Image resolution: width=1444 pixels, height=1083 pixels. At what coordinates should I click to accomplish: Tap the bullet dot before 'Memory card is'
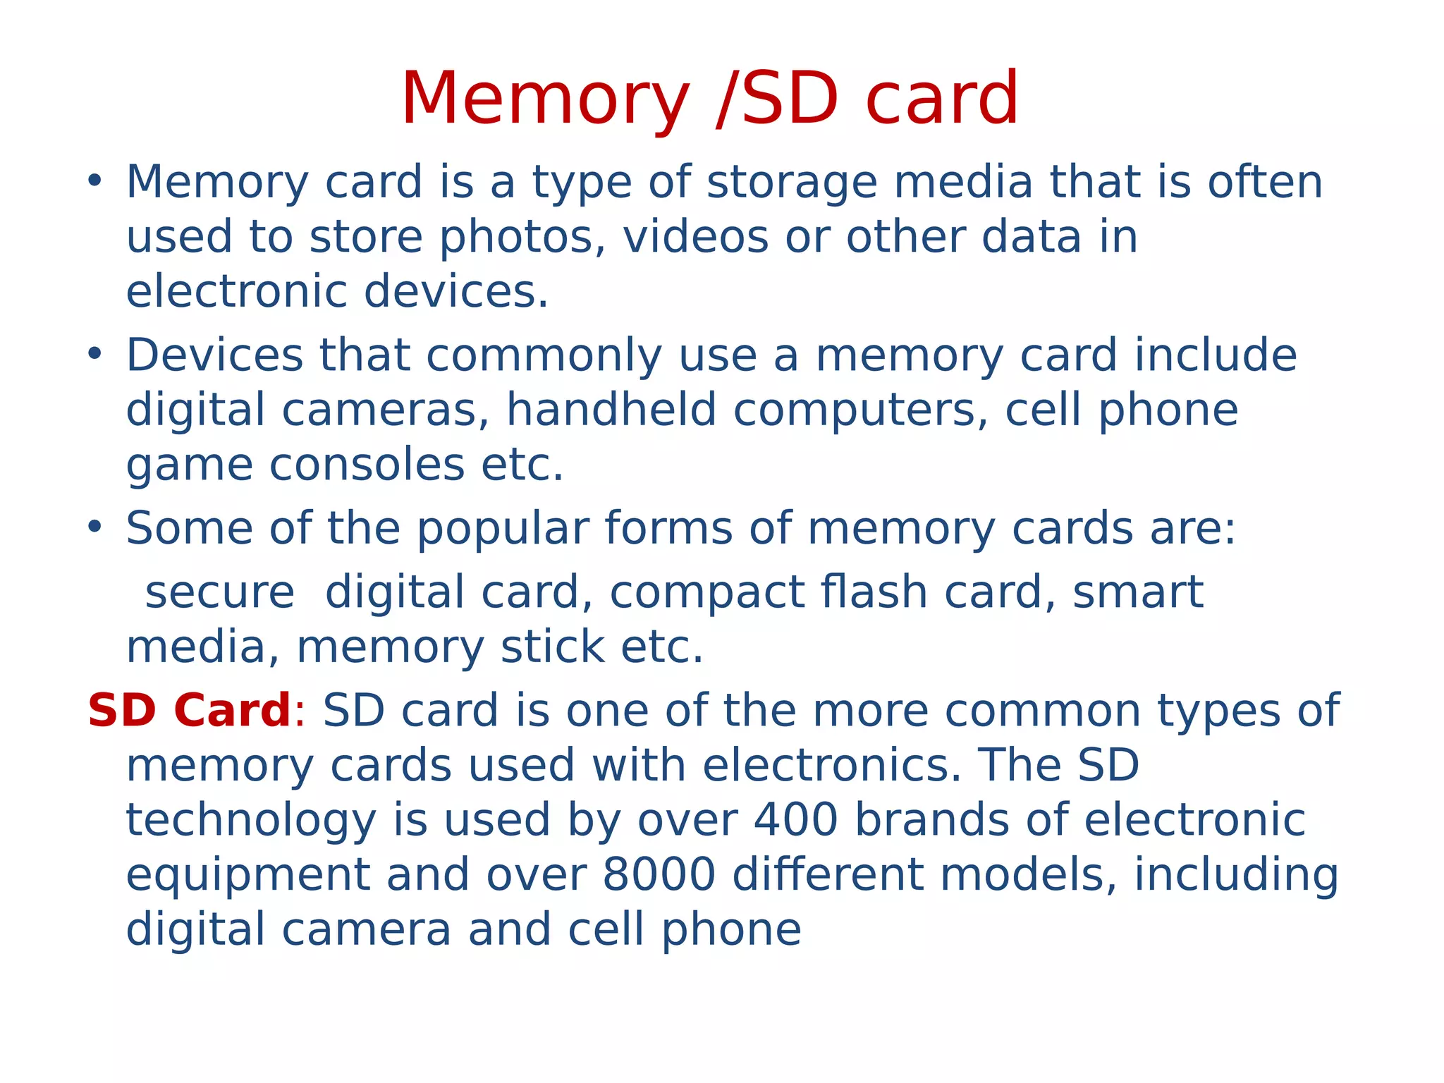[x=95, y=180]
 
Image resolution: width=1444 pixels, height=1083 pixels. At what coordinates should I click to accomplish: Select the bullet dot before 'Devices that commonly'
[x=95, y=354]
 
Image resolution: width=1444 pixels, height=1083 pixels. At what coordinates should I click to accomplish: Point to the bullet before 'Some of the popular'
[x=95, y=527]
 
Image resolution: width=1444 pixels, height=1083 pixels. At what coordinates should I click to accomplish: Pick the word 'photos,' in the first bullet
[x=522, y=238]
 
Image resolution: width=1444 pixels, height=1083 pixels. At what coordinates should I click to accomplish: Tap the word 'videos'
[x=695, y=237]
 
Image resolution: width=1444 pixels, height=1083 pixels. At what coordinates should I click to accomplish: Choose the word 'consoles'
[x=367, y=465]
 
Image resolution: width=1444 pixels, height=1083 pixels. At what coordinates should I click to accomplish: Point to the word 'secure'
[x=219, y=592]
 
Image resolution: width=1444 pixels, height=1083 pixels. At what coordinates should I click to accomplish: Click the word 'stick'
[x=552, y=647]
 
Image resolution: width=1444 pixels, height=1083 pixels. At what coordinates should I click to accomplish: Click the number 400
[x=796, y=820]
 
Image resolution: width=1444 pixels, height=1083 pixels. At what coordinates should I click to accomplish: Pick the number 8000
[x=659, y=875]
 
